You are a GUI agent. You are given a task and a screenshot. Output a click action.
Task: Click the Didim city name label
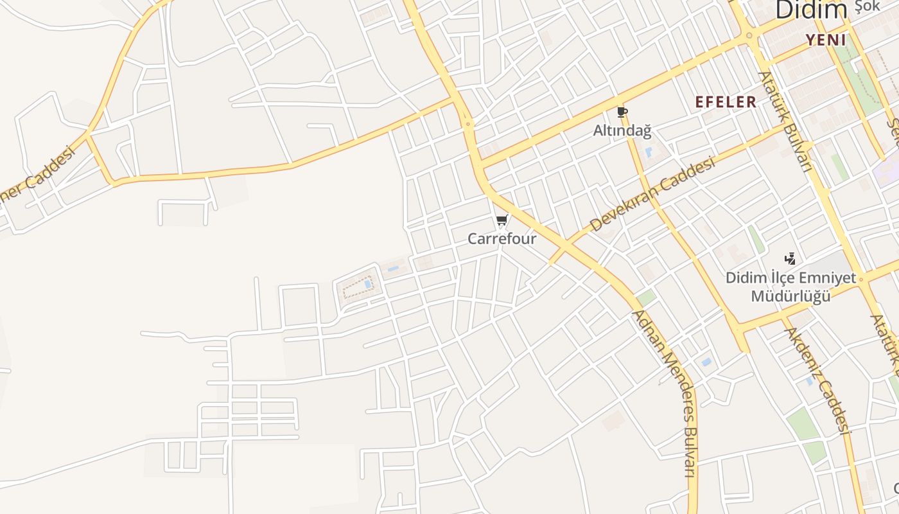(812, 10)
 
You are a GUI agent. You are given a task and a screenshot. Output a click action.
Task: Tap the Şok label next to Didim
(868, 8)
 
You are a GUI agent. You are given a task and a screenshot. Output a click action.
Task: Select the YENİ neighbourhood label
(826, 40)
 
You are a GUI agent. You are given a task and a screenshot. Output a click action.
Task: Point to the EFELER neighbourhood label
(726, 102)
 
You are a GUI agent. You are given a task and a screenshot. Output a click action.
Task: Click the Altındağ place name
(622, 131)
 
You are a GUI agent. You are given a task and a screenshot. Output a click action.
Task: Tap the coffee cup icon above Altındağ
(621, 112)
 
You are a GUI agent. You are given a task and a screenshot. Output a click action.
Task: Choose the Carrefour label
(502, 239)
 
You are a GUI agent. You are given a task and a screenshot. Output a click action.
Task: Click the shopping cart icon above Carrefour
(502, 220)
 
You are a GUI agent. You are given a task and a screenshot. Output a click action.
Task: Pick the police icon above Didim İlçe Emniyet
(790, 259)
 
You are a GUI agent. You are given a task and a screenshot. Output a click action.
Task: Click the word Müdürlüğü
(790, 296)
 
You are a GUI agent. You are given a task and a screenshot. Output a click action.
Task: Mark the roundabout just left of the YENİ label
(749, 36)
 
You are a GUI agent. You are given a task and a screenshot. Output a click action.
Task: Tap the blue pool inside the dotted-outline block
(367, 283)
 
